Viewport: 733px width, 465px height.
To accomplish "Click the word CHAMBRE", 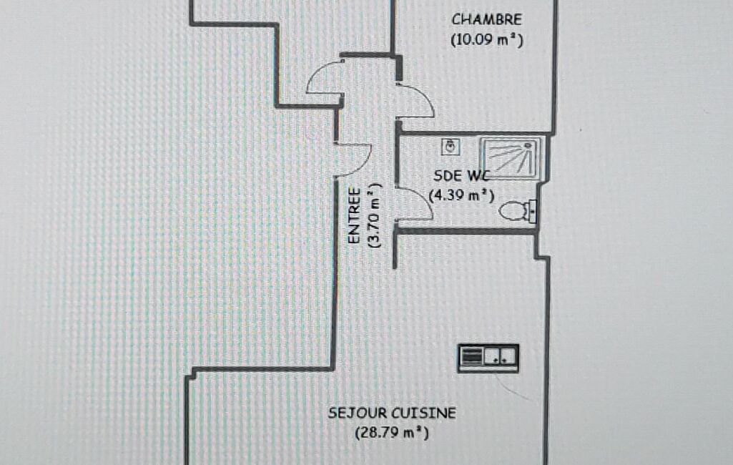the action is (486, 20).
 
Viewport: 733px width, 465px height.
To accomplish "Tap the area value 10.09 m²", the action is (487, 40).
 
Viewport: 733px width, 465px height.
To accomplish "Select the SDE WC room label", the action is (461, 176).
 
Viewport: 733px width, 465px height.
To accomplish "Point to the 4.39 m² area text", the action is (461, 195).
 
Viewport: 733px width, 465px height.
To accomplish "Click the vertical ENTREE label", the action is (355, 215).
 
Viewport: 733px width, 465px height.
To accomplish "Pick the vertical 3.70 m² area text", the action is (375, 215).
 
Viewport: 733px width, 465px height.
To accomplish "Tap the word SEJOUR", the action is (357, 413).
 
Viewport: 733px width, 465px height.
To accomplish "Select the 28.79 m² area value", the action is (392, 433).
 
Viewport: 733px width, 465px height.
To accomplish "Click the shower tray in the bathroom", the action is (511, 158).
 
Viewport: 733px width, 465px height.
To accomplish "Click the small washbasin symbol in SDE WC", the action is (451, 147).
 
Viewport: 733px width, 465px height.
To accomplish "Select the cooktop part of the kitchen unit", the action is (471, 358).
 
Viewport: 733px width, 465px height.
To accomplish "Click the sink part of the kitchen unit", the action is (501, 358).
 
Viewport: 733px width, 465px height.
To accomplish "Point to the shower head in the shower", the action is (528, 145).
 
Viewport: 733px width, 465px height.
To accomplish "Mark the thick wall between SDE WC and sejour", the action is (466, 230).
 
